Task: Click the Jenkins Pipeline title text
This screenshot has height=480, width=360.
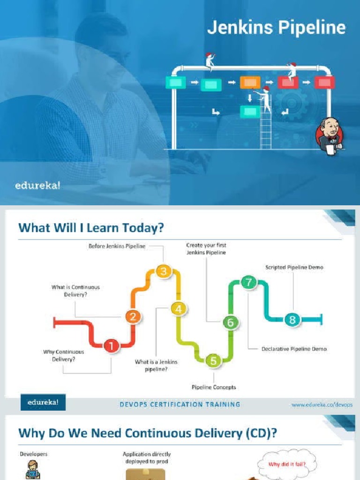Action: (277, 27)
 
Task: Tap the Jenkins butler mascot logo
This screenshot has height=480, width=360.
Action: (330, 136)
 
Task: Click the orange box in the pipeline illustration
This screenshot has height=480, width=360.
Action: (250, 82)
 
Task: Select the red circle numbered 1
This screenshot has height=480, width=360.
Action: (112, 346)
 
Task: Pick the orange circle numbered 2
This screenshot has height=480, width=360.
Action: (133, 316)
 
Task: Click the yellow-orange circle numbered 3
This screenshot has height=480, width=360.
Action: (164, 271)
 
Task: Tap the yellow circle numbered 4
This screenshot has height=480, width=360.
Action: (179, 309)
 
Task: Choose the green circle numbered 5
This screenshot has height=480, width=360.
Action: (213, 360)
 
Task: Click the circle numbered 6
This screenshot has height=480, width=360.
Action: (231, 322)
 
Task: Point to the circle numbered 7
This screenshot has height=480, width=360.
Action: (248, 282)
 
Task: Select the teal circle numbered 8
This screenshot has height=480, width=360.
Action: (292, 320)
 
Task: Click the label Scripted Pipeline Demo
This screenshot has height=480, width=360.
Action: (294, 267)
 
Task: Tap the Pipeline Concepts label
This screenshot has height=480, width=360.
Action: (214, 387)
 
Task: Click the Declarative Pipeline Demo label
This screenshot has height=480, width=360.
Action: (294, 349)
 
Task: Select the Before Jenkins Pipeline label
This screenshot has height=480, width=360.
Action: (117, 246)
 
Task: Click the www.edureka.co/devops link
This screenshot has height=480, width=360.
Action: (322, 405)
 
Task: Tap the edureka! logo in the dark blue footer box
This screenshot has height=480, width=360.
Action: (43, 402)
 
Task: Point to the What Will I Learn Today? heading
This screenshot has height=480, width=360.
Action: (91, 228)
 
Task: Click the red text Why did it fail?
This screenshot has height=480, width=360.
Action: (287, 464)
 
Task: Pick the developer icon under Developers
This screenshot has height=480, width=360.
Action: (32, 470)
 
